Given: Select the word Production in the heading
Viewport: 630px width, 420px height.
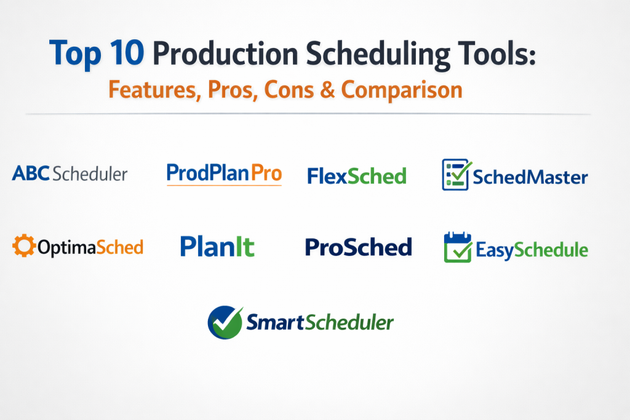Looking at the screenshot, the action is [225, 53].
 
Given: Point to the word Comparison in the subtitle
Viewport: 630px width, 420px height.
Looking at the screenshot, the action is [402, 90].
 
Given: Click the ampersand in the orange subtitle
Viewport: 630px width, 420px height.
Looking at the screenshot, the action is [327, 89].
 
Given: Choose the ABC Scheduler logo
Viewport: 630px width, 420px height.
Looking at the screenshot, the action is [70, 174].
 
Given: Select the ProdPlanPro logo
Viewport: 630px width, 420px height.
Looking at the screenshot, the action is [224, 174].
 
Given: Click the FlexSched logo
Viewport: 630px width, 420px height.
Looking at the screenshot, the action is [357, 176].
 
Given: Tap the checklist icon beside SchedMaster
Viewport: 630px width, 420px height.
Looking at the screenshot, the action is [456, 174].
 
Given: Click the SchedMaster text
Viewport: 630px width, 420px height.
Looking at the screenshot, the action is [530, 177].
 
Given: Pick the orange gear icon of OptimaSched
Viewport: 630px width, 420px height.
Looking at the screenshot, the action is [24, 245].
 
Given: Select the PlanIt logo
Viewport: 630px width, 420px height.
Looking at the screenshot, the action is [217, 247].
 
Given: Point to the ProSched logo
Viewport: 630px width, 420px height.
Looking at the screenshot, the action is [359, 247].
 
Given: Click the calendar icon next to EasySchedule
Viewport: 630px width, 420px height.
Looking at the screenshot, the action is [458, 247].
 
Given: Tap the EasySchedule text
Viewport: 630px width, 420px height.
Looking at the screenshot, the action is [532, 250].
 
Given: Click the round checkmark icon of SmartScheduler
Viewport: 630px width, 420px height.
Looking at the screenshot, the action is [225, 322].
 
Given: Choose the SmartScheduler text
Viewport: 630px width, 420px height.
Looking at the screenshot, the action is [320, 322].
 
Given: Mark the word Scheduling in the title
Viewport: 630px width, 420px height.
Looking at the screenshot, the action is [378, 55].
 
